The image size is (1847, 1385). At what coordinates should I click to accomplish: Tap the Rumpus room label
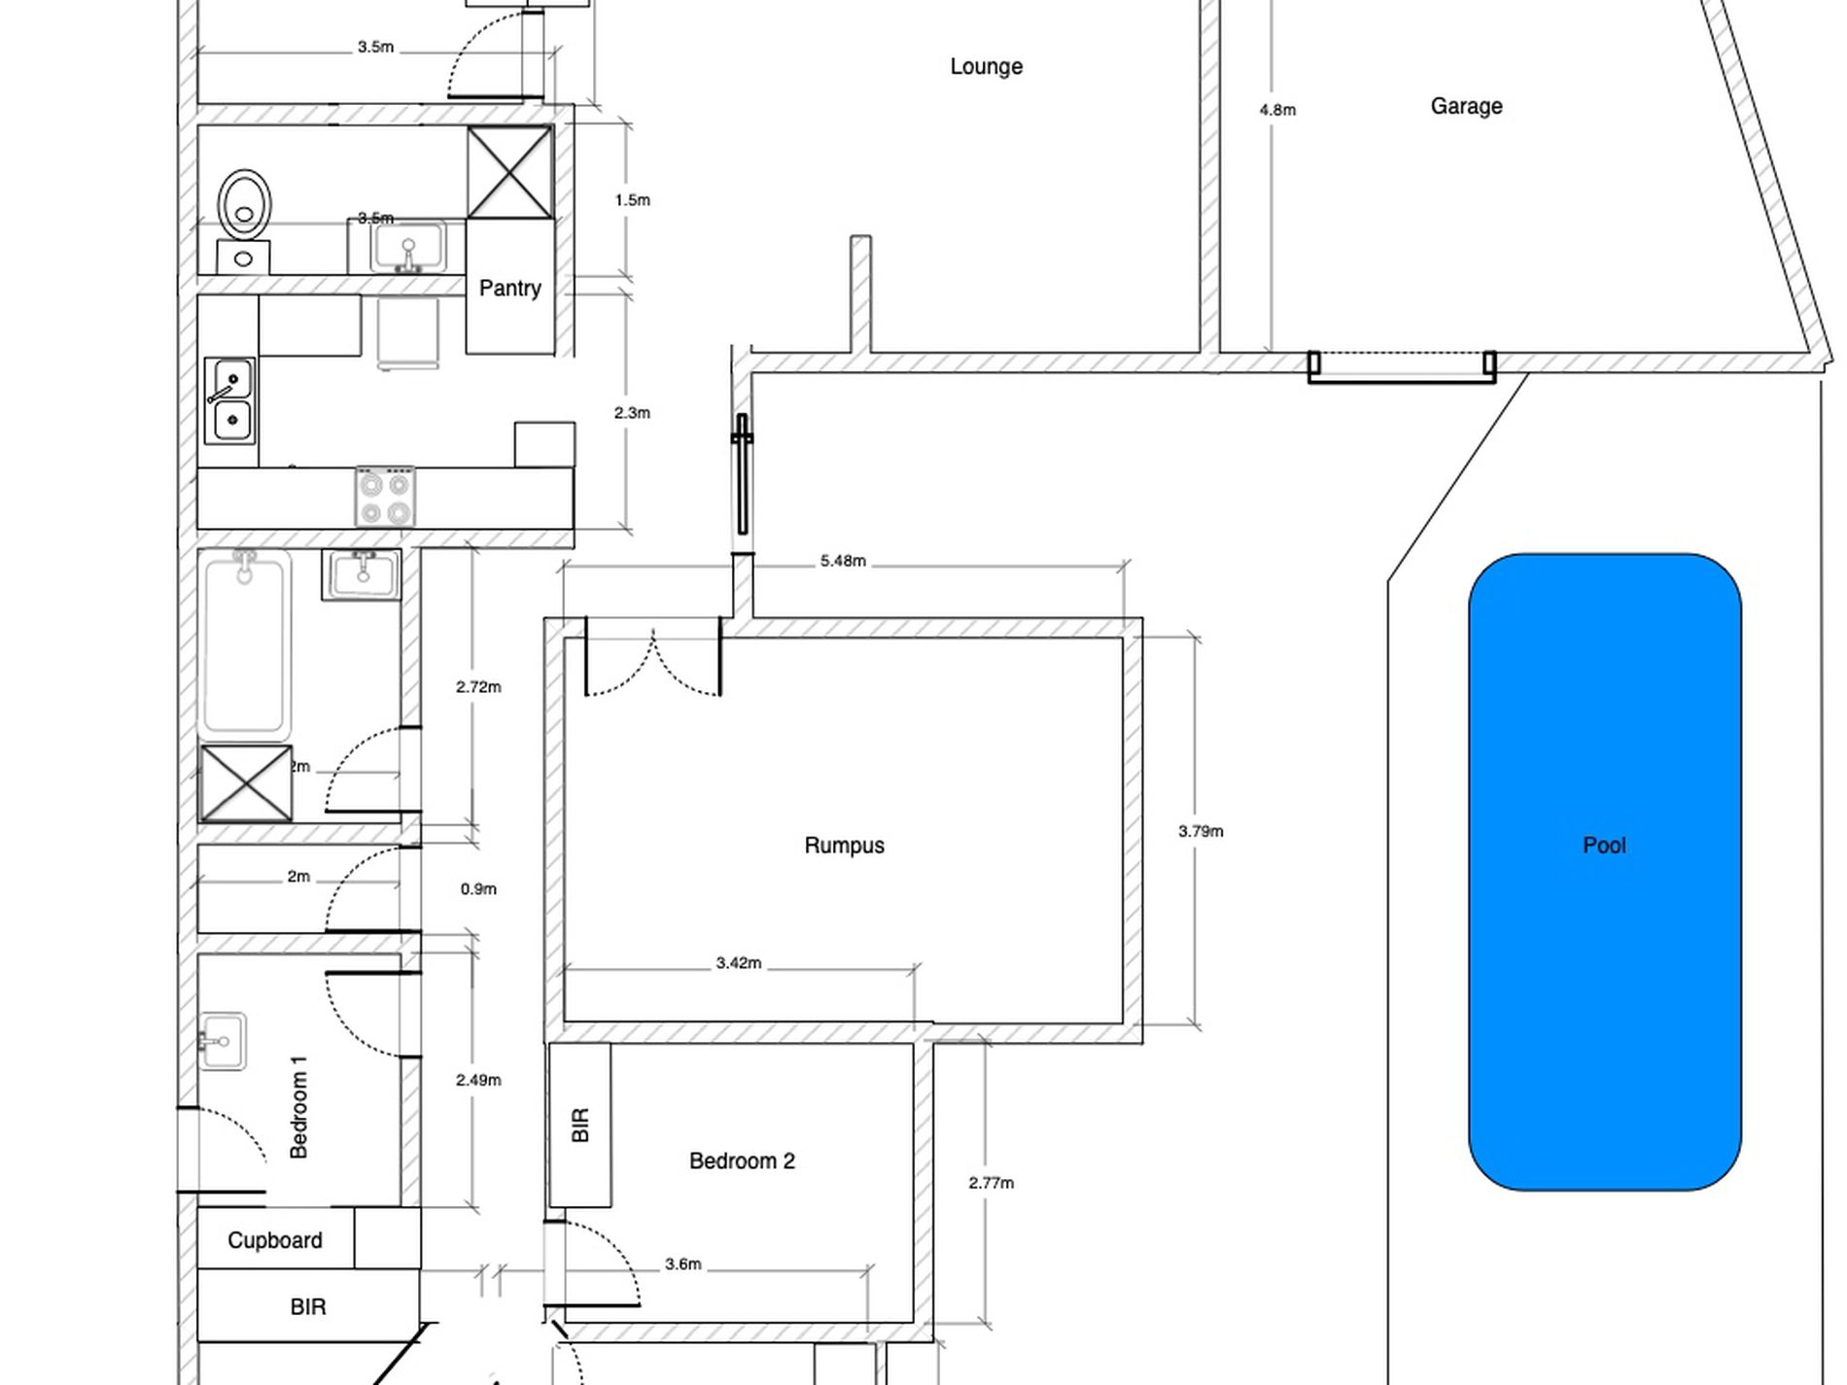click(844, 846)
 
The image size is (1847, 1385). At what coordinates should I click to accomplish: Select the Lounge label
click(986, 67)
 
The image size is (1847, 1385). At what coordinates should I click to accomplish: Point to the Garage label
click(1466, 106)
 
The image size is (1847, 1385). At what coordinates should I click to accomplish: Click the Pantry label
click(509, 289)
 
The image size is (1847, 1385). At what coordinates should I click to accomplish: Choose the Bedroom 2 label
click(742, 1161)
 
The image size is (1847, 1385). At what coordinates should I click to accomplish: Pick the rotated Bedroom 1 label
click(298, 1107)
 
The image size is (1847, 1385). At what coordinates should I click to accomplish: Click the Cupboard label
click(275, 1241)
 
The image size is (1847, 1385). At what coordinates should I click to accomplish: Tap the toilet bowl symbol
click(244, 205)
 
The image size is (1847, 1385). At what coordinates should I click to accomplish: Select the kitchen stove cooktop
click(385, 497)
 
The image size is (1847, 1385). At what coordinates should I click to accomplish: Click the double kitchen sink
click(231, 399)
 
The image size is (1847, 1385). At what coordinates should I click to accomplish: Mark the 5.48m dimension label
click(843, 561)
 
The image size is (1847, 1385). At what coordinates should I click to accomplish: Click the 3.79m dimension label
click(1201, 831)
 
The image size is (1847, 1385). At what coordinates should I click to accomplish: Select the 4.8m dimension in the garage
click(1277, 110)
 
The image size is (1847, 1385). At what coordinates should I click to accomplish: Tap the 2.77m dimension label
click(991, 1183)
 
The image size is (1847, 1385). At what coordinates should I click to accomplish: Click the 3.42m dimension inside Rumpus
click(739, 963)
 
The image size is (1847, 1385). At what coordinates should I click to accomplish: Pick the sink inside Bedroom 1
click(222, 1041)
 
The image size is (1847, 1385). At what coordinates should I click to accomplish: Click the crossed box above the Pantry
click(510, 172)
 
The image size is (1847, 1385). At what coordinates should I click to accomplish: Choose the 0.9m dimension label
click(478, 889)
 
